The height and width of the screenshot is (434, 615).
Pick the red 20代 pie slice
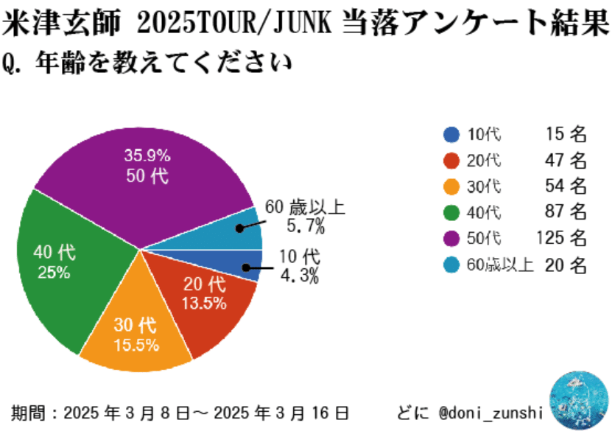(206, 302)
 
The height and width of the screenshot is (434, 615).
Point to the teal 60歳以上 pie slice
(228, 233)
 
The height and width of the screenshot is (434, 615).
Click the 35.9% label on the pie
(147, 155)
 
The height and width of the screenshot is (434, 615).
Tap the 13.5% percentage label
(204, 304)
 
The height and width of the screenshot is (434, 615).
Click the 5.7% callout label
(301, 227)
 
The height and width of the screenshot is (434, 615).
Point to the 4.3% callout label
(299, 276)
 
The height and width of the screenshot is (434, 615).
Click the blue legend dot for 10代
(451, 134)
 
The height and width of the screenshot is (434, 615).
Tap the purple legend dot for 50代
(451, 238)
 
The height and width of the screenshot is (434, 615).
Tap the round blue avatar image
(580, 400)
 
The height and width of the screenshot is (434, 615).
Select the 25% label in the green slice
(54, 272)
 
